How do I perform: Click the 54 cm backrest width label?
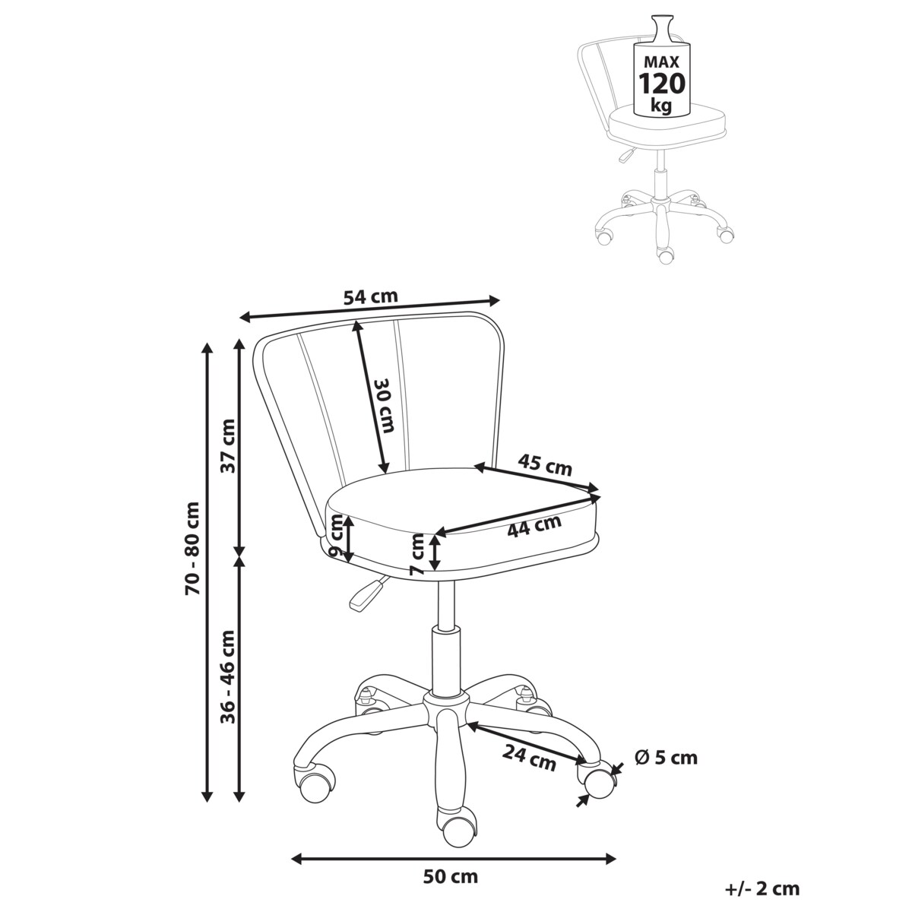coord(370,296)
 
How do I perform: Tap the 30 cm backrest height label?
coord(385,405)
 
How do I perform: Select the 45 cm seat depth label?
coord(544,465)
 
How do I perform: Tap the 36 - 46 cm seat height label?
coord(229,670)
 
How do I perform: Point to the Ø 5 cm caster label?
coord(666,758)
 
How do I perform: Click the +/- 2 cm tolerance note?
coord(762,888)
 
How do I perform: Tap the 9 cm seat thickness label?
coord(336,537)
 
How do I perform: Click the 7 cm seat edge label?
coord(417,554)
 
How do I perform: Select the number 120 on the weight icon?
coord(662,84)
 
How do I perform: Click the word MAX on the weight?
coord(662,62)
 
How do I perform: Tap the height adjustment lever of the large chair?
coord(368,592)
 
